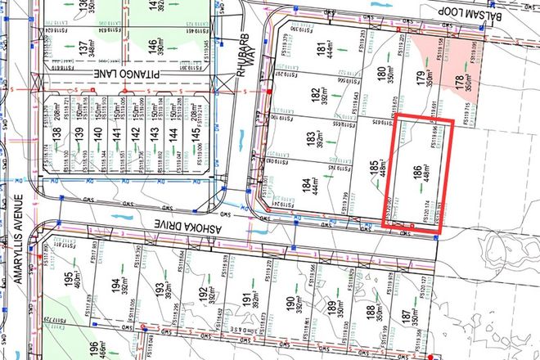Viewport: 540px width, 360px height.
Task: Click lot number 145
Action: tap(192, 131)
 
